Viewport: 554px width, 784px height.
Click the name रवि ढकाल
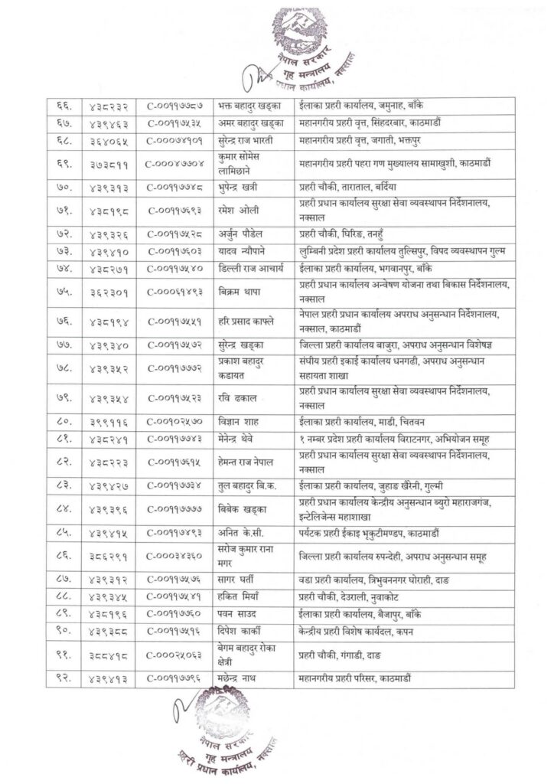235,397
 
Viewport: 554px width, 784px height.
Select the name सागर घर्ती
235,579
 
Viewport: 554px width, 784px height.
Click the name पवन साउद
234,613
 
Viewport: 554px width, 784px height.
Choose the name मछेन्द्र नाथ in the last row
236,677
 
